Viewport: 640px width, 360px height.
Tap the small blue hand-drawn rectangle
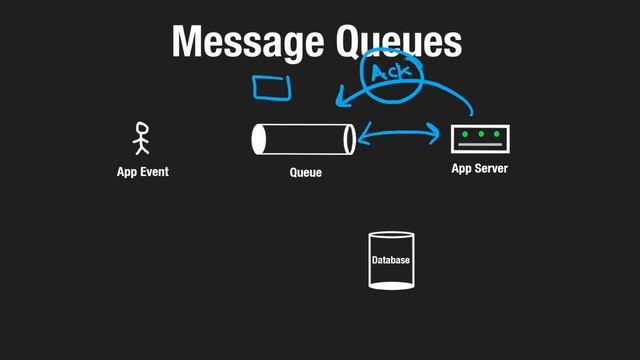pyautogui.click(x=271, y=89)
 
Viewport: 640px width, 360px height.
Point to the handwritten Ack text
pyautogui.click(x=392, y=73)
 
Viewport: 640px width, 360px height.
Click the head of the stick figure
pyautogui.click(x=141, y=128)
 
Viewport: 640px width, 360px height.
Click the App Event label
pyautogui.click(x=142, y=172)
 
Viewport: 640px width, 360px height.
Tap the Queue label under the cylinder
pyautogui.click(x=305, y=173)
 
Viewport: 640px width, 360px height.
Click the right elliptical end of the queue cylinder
pyautogui.click(x=349, y=139)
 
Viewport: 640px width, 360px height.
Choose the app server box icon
pyautogui.click(x=480, y=138)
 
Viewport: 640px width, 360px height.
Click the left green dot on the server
pyautogui.click(x=465, y=134)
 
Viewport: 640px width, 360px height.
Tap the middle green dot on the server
pyautogui.click(x=480, y=134)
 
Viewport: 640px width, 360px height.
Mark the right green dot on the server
pyautogui.click(x=495, y=134)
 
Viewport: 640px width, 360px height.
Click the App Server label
pyautogui.click(x=479, y=169)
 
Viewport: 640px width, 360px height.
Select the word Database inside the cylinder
pyautogui.click(x=391, y=260)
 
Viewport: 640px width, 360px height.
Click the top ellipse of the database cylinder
pyautogui.click(x=391, y=237)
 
